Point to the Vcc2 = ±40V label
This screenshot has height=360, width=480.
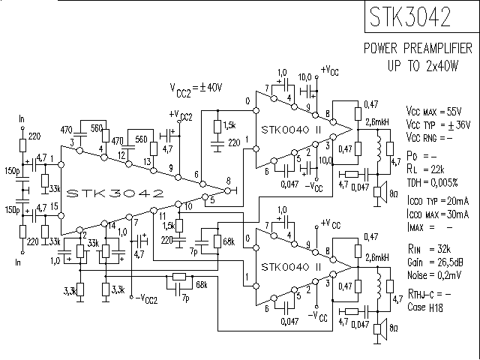tap(196, 88)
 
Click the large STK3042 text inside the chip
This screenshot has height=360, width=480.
tap(115, 193)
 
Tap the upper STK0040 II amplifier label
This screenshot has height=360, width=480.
tap(292, 130)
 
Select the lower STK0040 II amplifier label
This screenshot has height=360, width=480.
tap(292, 267)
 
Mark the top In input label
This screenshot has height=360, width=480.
tap(22, 119)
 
